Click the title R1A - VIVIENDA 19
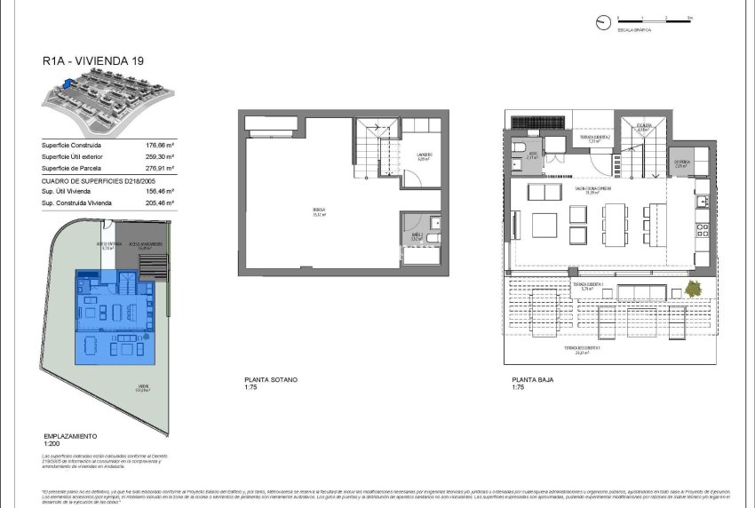coord(92,62)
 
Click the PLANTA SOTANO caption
coord(271,380)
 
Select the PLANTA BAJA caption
coord(531,380)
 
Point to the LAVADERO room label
coord(425,156)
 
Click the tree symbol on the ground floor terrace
coord(694,289)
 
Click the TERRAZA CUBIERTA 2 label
coord(593,139)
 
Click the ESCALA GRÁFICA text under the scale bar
coord(635,29)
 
